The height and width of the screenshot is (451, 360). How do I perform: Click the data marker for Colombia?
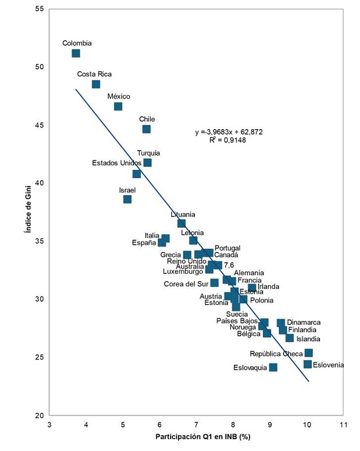76,54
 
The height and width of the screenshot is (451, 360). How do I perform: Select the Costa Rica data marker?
96,84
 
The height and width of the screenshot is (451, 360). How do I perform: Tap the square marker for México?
118,107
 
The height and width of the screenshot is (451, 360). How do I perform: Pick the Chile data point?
146,129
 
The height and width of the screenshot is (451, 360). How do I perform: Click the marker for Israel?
127,199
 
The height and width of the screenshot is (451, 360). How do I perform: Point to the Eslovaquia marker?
273,368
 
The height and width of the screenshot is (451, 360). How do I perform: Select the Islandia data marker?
290,338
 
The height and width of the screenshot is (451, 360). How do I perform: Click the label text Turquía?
148,153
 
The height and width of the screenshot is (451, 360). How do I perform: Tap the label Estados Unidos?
117,163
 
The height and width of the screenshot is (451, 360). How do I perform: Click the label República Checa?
276,354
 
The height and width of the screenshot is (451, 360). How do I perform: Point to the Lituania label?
183,214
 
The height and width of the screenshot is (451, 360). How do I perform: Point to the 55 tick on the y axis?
39,9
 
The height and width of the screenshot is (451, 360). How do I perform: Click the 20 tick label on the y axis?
39,415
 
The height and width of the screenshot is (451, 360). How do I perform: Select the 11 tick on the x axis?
343,425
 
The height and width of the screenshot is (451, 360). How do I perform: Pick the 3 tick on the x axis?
50,425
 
